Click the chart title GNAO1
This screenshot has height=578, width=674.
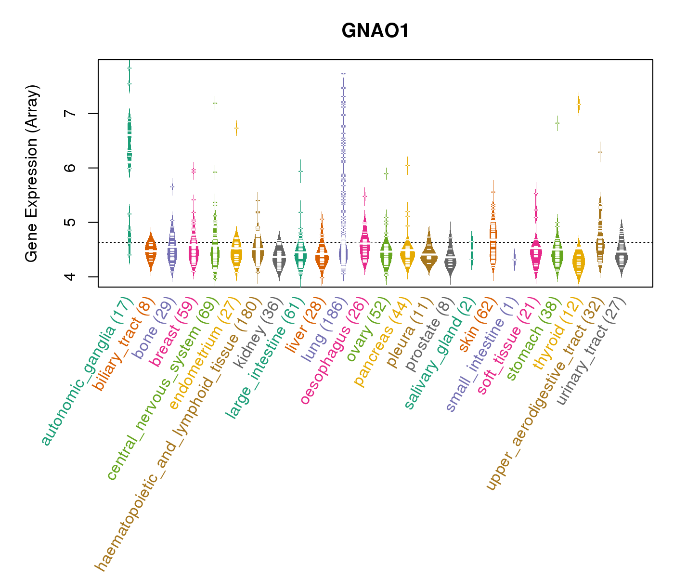tap(375, 31)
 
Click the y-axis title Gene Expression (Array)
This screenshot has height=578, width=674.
tap(31, 173)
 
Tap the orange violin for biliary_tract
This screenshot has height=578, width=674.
tap(151, 253)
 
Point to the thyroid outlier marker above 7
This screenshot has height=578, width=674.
tap(579, 105)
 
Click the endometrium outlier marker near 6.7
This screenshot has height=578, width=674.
tap(236, 128)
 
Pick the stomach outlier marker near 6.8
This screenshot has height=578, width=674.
tap(557, 123)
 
